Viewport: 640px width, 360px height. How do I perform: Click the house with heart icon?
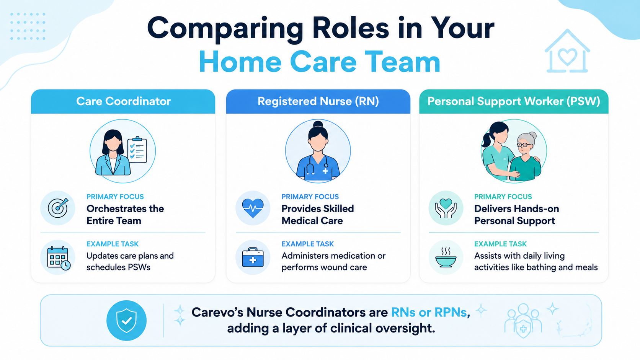point(567,51)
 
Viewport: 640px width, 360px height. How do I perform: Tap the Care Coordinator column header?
point(123,101)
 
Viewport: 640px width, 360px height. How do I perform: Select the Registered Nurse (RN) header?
point(318,101)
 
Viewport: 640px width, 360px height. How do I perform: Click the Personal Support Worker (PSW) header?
point(514,101)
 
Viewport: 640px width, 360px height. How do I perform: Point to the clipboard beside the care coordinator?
point(137,150)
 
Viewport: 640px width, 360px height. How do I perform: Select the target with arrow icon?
point(58,208)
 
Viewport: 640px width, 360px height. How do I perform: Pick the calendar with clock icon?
point(58,258)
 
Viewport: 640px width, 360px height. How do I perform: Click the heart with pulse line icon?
point(253,208)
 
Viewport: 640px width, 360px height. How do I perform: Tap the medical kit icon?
point(253,257)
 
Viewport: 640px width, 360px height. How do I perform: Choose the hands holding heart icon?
point(446,208)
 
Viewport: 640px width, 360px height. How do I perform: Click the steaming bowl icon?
point(446,257)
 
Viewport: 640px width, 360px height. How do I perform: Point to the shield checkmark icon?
point(126,320)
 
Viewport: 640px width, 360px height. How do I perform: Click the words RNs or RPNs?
point(429,312)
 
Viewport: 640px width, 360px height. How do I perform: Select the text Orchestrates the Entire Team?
point(125,215)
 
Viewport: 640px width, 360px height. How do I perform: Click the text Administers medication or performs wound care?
point(333,262)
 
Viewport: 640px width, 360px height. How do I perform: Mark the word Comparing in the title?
point(225,29)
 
